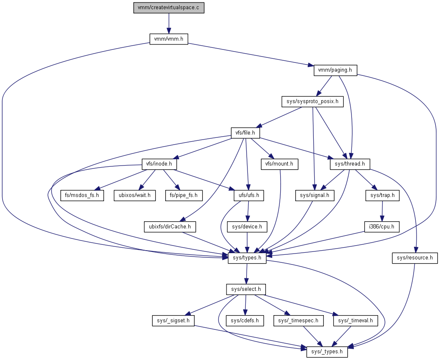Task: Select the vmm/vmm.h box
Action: coord(169,39)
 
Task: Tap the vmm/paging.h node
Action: coord(335,70)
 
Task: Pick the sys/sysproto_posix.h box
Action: coord(312,101)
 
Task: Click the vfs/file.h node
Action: coord(245,133)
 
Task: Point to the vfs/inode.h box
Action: coord(159,164)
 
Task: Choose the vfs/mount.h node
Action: coord(279,164)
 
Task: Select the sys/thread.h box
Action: coord(350,164)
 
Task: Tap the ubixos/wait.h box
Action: coord(134,195)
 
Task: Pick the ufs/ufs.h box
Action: coord(249,195)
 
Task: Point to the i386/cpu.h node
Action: coord(381,227)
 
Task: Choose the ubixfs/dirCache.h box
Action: coord(170,227)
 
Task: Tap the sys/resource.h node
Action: coord(415,258)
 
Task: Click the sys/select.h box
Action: coord(246,289)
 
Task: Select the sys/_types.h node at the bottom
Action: coord(327,352)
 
